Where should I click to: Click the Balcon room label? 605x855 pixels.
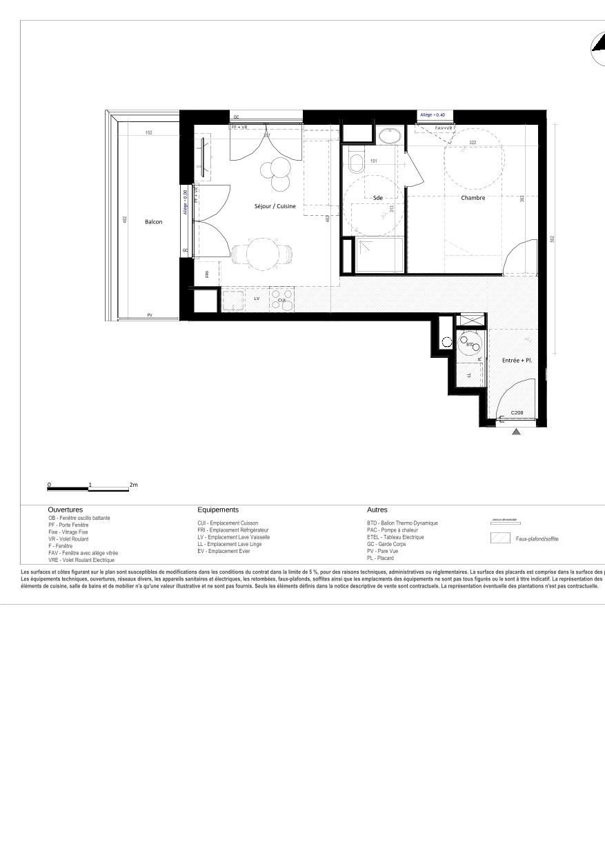[154, 222]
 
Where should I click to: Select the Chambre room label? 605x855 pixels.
[473, 198]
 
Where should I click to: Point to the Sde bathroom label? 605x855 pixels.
[377, 198]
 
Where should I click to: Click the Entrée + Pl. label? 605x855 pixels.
[517, 361]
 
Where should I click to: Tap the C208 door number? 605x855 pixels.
[517, 412]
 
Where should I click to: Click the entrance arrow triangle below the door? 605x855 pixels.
[517, 432]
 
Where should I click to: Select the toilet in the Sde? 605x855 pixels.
[357, 163]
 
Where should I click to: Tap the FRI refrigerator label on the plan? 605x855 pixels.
[207, 274]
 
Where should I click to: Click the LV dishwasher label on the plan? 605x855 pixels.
[257, 299]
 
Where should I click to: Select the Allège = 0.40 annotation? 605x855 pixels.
[433, 114]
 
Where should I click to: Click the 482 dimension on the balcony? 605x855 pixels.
[125, 219]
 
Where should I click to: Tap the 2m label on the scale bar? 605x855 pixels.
[134, 485]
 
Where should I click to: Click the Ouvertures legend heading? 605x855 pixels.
[66, 510]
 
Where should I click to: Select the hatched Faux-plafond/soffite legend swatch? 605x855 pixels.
[500, 539]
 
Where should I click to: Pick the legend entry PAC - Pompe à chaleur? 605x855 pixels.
[393, 530]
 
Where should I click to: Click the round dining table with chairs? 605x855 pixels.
[261, 254]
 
